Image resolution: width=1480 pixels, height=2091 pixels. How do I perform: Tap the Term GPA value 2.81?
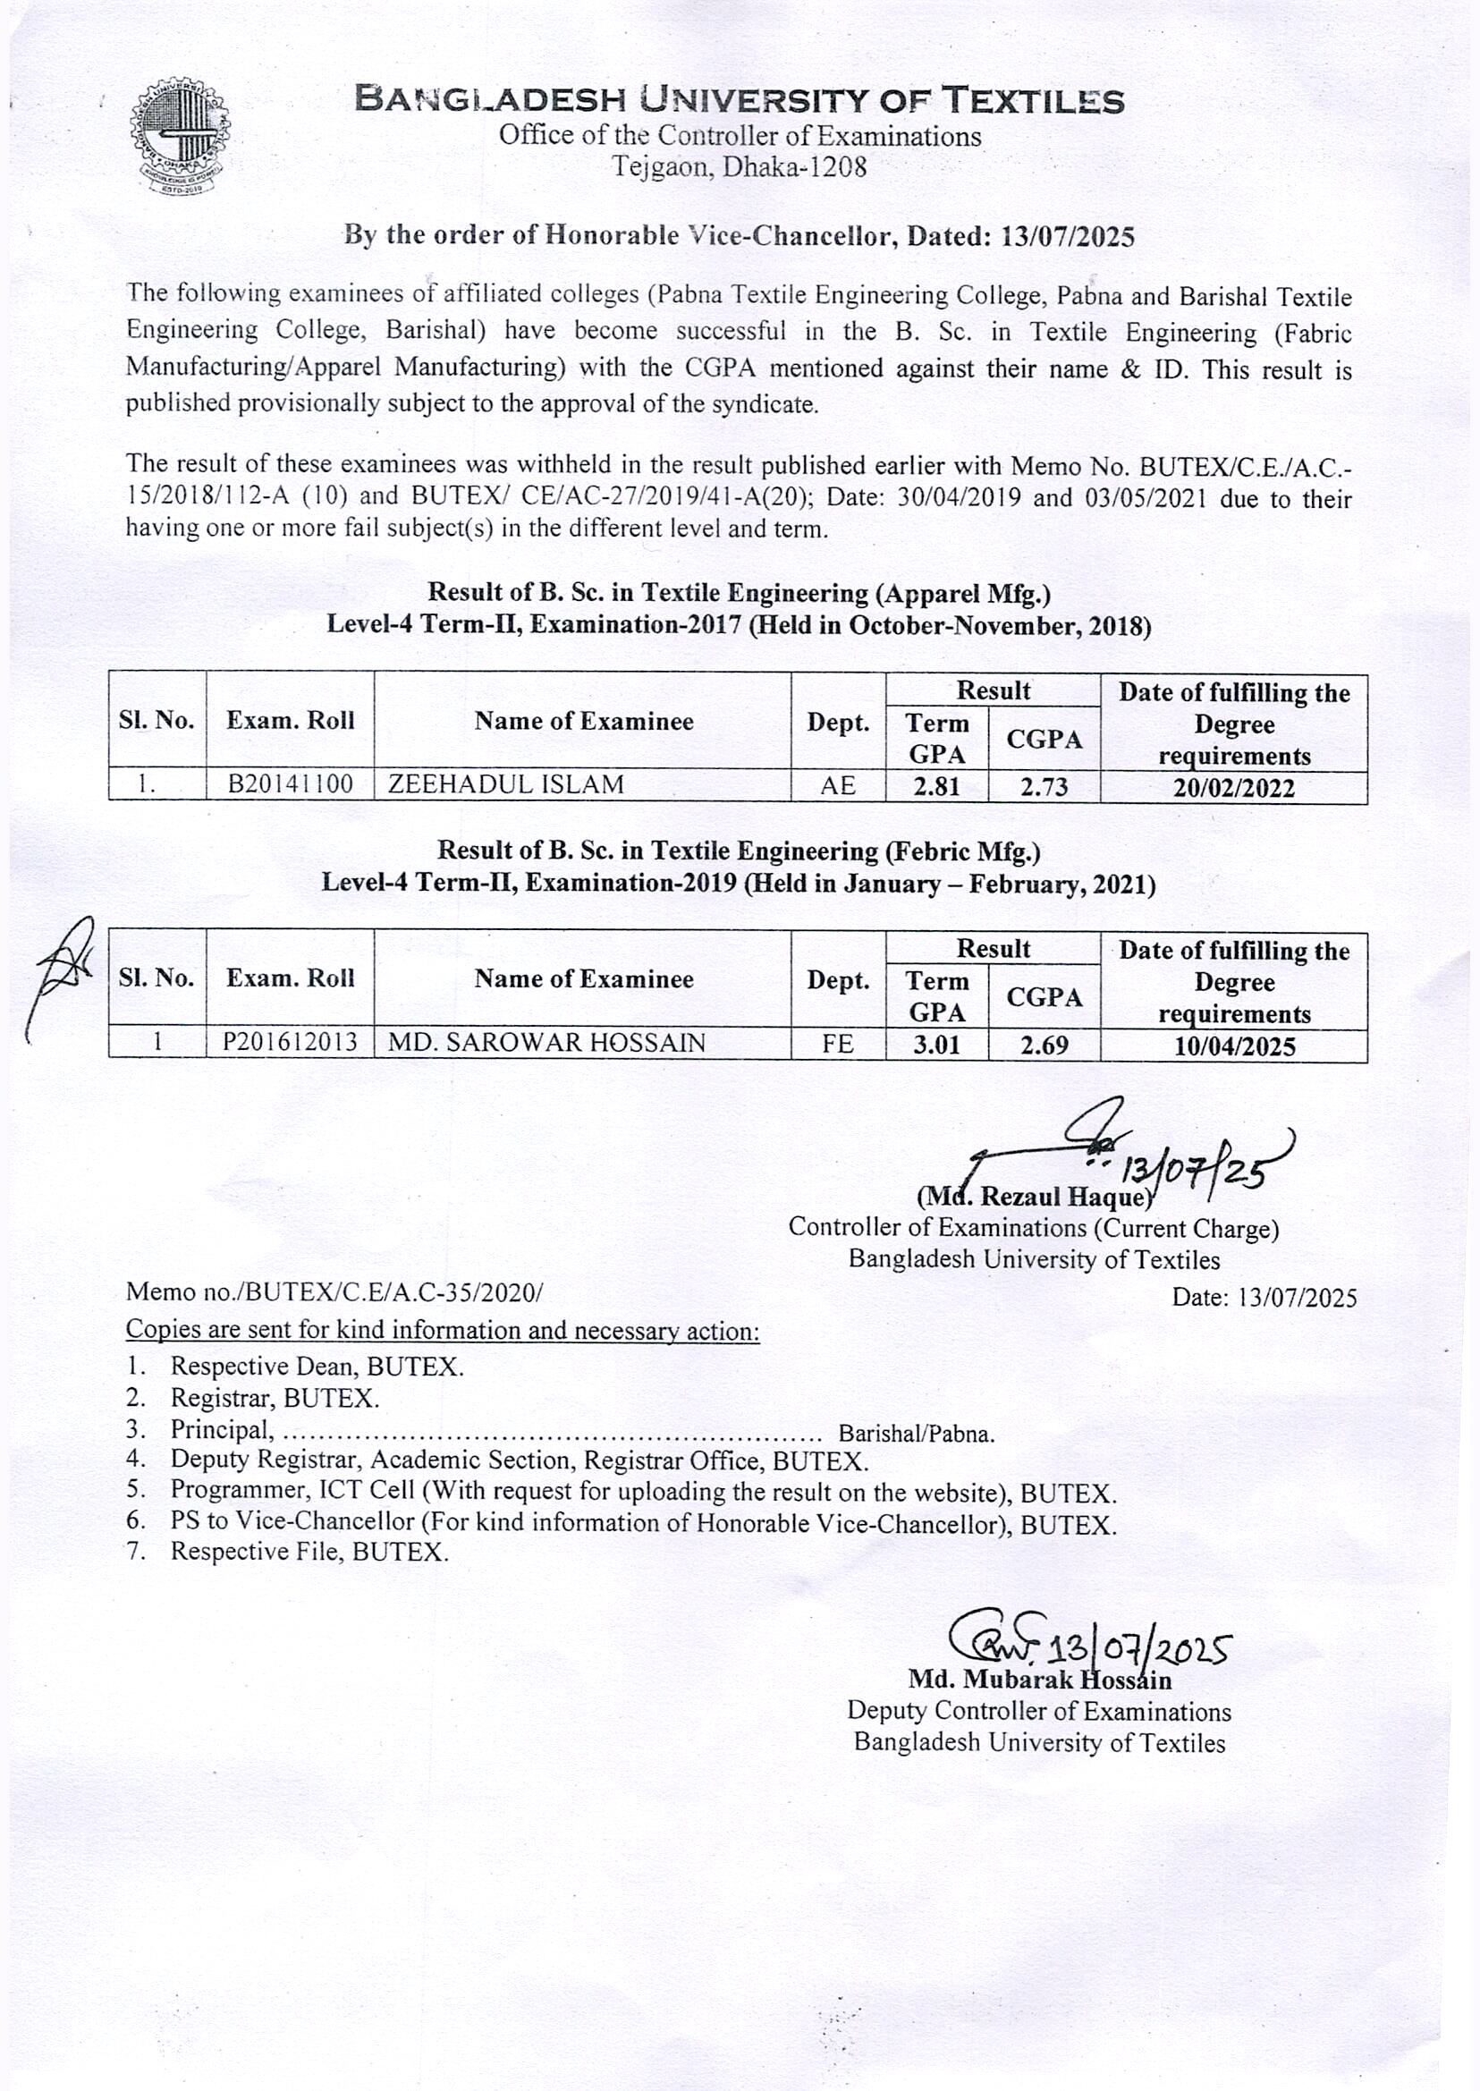click(x=937, y=786)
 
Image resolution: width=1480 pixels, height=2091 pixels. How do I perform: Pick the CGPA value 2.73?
click(x=1044, y=786)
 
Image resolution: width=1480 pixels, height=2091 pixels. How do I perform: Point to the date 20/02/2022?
click(x=1233, y=788)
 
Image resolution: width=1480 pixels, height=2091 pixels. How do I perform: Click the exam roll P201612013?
click(x=290, y=1042)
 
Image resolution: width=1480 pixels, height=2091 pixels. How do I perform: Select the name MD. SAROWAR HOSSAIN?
click(x=546, y=1042)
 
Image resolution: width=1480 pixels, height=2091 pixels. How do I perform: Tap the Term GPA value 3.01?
click(x=937, y=1044)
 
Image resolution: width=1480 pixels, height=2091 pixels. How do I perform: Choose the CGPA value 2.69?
click(x=1044, y=1045)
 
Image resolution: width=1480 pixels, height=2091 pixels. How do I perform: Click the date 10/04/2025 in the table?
click(x=1234, y=1045)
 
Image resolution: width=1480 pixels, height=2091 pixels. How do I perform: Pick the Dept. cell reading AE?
click(x=838, y=785)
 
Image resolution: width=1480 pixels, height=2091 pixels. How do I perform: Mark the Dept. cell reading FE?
click(x=838, y=1043)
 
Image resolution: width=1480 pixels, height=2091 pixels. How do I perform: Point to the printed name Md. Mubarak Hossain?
click(x=1039, y=1679)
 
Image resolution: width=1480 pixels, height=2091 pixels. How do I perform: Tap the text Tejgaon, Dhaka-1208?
click(x=738, y=167)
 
